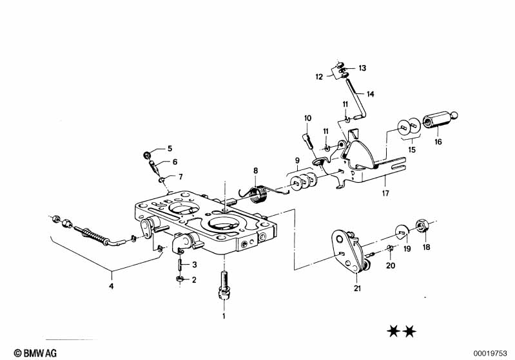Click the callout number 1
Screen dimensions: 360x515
(x=224, y=316)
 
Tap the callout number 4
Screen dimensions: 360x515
(x=111, y=285)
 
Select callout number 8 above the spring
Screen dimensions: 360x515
(x=255, y=171)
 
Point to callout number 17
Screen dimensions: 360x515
(x=385, y=193)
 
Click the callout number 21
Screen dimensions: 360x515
(x=357, y=288)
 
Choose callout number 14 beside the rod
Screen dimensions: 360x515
(x=370, y=94)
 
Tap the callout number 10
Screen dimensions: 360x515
(x=307, y=118)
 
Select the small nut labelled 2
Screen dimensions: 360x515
(x=179, y=278)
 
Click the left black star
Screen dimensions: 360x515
(x=393, y=332)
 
